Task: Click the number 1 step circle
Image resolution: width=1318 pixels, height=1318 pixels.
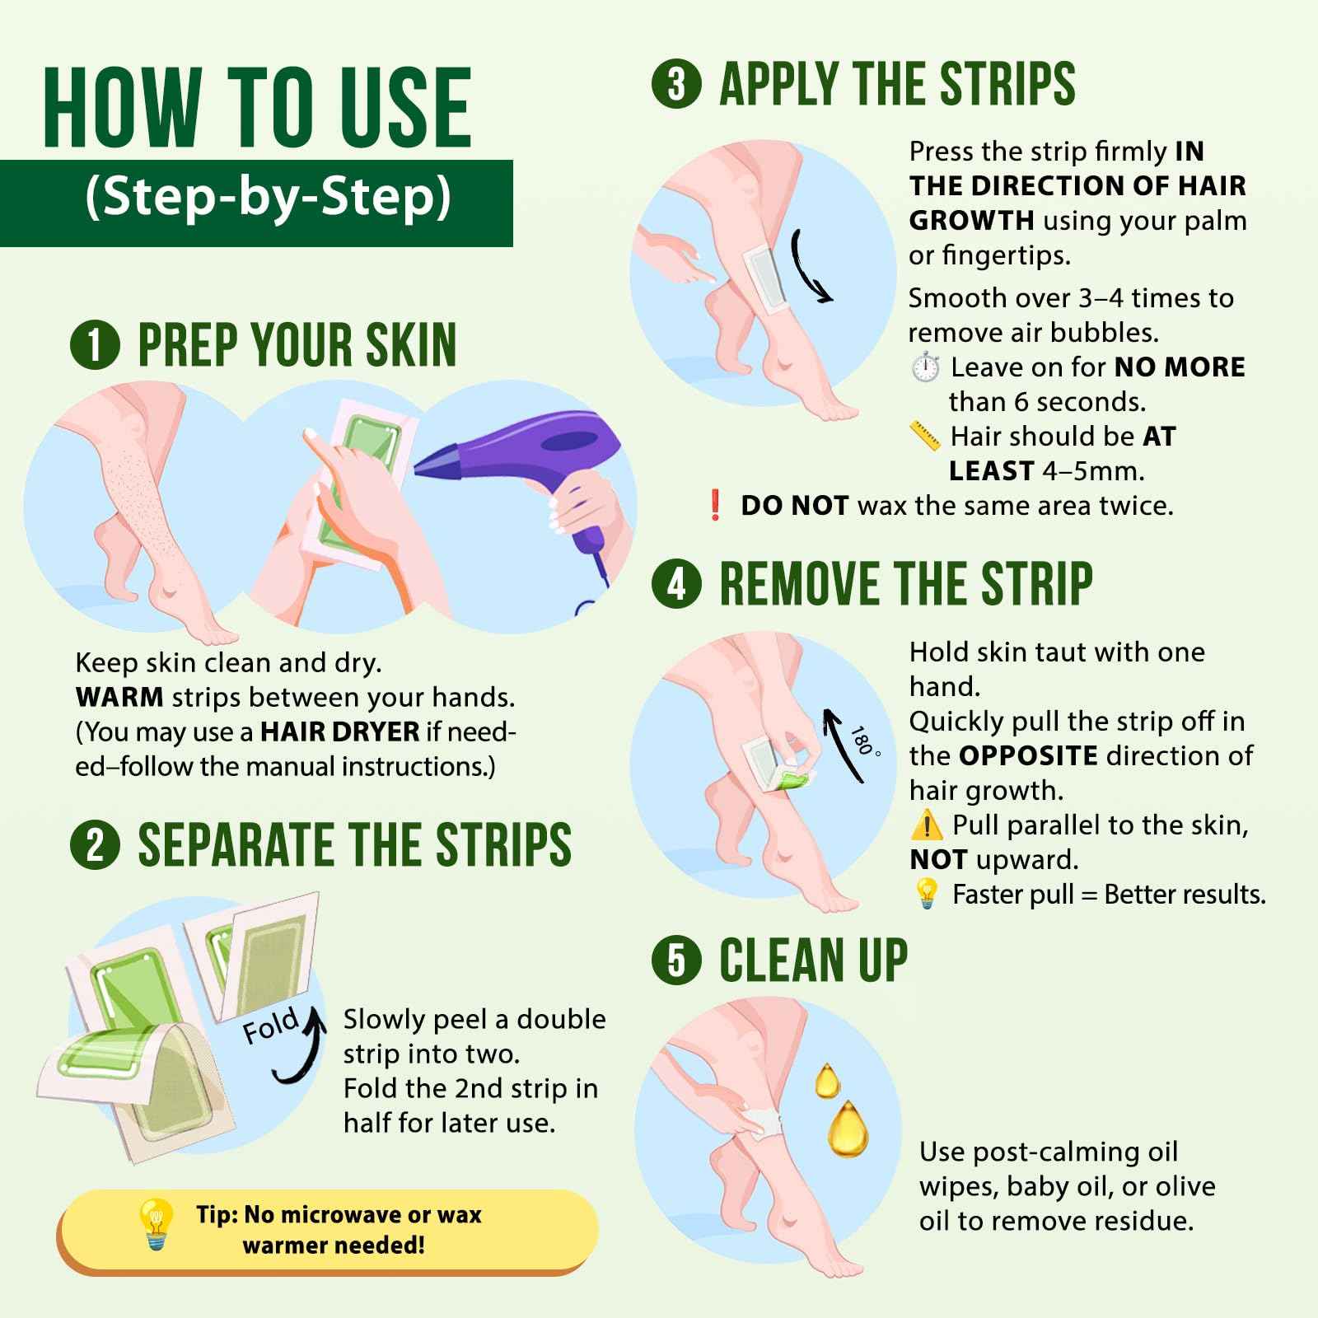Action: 96,345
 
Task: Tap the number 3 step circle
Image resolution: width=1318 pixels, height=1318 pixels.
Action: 676,84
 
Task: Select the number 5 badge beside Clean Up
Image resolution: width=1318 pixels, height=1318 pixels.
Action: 676,960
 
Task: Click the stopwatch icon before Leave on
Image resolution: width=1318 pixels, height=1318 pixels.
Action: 926,367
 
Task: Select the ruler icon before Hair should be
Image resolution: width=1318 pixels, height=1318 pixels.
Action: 924,436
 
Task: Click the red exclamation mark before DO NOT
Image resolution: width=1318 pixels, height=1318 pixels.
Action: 715,505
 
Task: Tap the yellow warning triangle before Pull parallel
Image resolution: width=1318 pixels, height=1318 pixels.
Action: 927,825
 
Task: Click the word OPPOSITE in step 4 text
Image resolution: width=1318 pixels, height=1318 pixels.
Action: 1028,755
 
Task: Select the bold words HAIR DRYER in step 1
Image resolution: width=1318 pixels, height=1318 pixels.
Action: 340,731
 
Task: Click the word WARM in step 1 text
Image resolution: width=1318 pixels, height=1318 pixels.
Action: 119,697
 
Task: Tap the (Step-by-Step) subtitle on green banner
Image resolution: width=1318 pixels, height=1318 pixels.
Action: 269,199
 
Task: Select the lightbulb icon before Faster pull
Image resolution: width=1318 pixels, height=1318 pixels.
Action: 927,894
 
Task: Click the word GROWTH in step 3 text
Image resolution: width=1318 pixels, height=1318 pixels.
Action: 971,221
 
